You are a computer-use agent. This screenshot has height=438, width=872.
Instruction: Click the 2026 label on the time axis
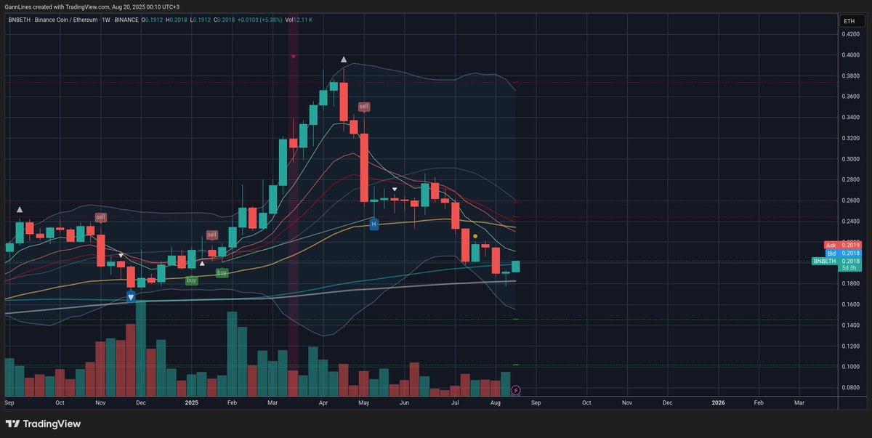click(x=717, y=402)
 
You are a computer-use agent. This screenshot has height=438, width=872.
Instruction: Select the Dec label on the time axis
click(x=666, y=402)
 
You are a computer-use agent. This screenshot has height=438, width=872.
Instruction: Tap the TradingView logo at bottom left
click(x=43, y=423)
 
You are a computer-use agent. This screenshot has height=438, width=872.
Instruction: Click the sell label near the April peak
click(x=364, y=107)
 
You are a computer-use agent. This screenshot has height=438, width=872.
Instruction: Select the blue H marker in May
click(x=374, y=224)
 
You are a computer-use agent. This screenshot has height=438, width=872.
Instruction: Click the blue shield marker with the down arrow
click(x=131, y=296)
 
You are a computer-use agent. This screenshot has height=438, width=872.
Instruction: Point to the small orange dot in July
click(x=475, y=236)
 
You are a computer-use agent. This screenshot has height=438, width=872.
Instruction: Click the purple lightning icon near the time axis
click(x=516, y=390)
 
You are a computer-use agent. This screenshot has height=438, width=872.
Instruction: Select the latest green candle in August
click(x=516, y=267)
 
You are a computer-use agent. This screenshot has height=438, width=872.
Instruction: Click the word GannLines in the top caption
click(x=19, y=7)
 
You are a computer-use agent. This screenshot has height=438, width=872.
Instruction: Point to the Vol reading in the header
click(x=299, y=20)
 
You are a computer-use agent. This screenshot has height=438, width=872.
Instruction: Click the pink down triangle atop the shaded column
click(x=293, y=56)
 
